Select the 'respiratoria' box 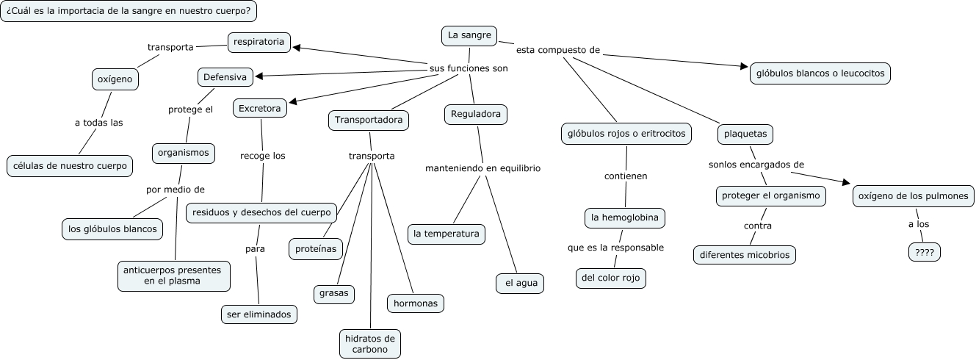pyautogui.click(x=259, y=42)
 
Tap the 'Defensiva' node pyautogui.click(x=225, y=76)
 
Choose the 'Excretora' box pyautogui.click(x=259, y=109)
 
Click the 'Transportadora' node pyautogui.click(x=368, y=120)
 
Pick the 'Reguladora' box pyautogui.click(x=475, y=114)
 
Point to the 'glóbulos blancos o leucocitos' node pyautogui.click(x=820, y=73)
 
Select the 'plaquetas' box pyautogui.click(x=745, y=134)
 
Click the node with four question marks pyautogui.click(x=925, y=251)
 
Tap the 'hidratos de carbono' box pyautogui.click(x=370, y=344)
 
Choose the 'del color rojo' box pyautogui.click(x=611, y=278)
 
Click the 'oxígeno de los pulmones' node pyautogui.click(x=914, y=196)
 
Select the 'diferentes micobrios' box pyautogui.click(x=745, y=254)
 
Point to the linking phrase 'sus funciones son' pyautogui.click(x=469, y=68)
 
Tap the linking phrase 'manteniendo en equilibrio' pyautogui.click(x=482, y=168)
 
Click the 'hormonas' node pyautogui.click(x=416, y=302)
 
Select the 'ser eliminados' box pyautogui.click(x=259, y=314)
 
